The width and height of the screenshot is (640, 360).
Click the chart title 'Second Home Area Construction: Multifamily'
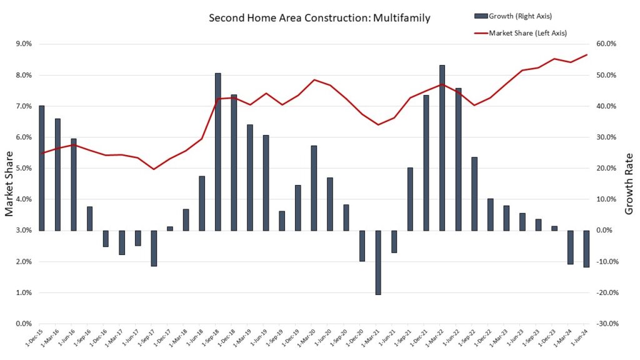(x=319, y=18)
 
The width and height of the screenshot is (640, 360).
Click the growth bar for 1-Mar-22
(x=442, y=147)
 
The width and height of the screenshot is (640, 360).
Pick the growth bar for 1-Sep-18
(x=218, y=152)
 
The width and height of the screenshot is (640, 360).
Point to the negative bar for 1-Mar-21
(x=378, y=262)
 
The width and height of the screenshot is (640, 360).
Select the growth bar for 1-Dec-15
(x=42, y=167)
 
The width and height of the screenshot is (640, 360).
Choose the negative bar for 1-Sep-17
(x=154, y=248)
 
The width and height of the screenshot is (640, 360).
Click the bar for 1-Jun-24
(x=586, y=249)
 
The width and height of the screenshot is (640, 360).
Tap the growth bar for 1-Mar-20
(x=314, y=187)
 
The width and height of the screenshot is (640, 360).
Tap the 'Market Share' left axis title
(x=9, y=184)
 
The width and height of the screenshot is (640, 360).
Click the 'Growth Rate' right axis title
(x=629, y=184)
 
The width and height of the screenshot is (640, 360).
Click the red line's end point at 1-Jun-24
(x=587, y=54)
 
